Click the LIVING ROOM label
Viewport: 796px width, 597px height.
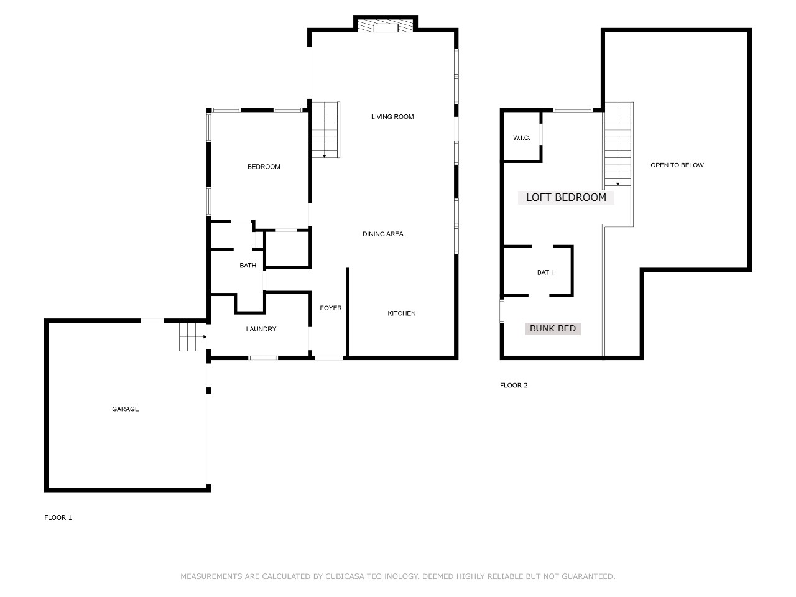tap(392, 117)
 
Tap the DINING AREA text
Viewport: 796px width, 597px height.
tap(383, 234)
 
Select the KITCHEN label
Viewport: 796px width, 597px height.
tap(402, 313)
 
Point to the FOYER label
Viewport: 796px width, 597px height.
tap(331, 308)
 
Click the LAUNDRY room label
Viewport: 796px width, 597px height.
tap(261, 329)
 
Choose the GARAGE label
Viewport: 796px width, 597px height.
tap(126, 409)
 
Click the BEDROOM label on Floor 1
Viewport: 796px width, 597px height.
tap(264, 167)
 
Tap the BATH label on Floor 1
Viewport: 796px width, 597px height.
tap(248, 266)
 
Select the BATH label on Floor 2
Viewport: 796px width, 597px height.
tap(545, 272)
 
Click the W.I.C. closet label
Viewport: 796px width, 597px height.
tap(522, 137)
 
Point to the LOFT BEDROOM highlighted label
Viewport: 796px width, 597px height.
tap(566, 198)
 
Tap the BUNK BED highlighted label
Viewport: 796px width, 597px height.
tap(553, 329)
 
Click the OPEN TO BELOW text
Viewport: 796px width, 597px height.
tap(677, 165)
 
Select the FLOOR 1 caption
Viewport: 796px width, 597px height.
tap(58, 517)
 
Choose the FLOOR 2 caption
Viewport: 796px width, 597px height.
tap(514, 386)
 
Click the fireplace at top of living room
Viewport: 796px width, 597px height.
tap(386, 25)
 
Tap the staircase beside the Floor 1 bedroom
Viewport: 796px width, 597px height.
tap(325, 130)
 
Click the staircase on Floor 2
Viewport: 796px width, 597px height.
tap(618, 144)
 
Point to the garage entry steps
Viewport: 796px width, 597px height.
tap(193, 337)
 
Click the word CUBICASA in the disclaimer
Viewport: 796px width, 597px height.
tap(345, 576)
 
